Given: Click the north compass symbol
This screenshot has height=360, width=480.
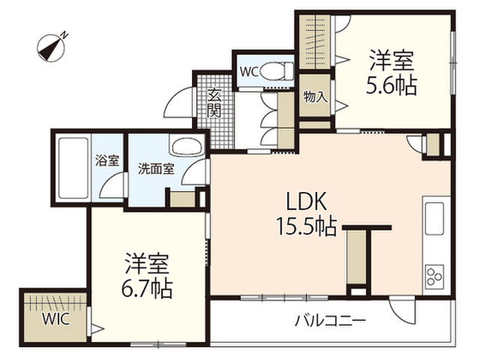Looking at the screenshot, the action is pyautogui.click(x=52, y=46).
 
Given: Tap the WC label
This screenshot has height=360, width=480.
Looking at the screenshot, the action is pyautogui.click(x=249, y=72).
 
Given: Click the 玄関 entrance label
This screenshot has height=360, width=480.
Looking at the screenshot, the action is pyautogui.click(x=214, y=103).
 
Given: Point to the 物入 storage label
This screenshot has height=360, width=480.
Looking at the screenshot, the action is pyautogui.click(x=315, y=97).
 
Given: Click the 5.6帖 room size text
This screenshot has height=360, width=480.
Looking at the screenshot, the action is pyautogui.click(x=391, y=85).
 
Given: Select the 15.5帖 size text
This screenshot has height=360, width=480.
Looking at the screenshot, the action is pyautogui.click(x=307, y=226).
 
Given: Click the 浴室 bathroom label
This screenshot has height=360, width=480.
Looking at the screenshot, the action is pyautogui.click(x=107, y=161).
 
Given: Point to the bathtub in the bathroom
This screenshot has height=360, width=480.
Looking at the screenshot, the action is pyautogui.click(x=73, y=168).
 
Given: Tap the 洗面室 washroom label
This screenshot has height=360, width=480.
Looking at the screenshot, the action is pyautogui.click(x=156, y=169).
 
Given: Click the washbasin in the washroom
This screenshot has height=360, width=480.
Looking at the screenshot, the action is pyautogui.click(x=187, y=147).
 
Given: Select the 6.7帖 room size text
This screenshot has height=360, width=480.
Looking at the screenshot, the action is pyautogui.click(x=147, y=289).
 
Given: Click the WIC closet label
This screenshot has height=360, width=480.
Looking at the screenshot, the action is pyautogui.click(x=56, y=319).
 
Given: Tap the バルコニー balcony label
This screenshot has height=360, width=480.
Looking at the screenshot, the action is pyautogui.click(x=330, y=321).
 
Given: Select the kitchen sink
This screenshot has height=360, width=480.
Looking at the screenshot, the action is pyautogui.click(x=435, y=218).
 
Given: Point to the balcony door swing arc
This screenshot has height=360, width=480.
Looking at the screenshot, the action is pyautogui.click(x=398, y=312).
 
